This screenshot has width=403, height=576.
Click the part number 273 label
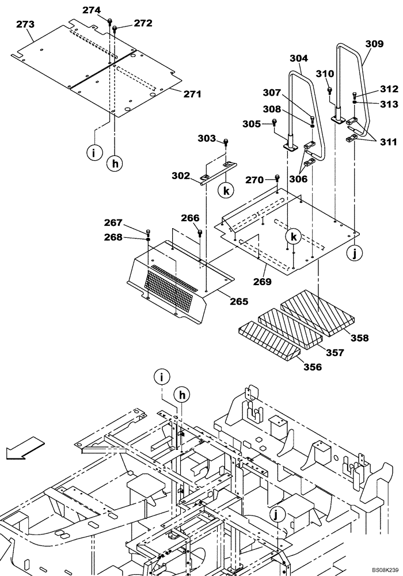(25, 24)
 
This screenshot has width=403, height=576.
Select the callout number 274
(90, 10)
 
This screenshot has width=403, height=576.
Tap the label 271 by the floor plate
(192, 94)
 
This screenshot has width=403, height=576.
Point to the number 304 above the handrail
(298, 58)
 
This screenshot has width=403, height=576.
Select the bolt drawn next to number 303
(226, 141)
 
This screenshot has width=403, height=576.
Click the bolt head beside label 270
(277, 178)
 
